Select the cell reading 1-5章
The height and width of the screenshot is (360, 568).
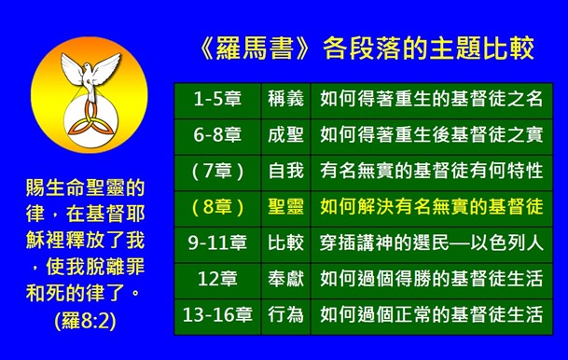click(215, 98)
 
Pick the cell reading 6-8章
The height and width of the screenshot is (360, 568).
click(215, 136)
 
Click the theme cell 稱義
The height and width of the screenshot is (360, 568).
click(284, 98)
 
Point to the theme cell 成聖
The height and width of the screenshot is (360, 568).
click(284, 136)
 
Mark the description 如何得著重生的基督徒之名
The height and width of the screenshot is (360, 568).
click(432, 98)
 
